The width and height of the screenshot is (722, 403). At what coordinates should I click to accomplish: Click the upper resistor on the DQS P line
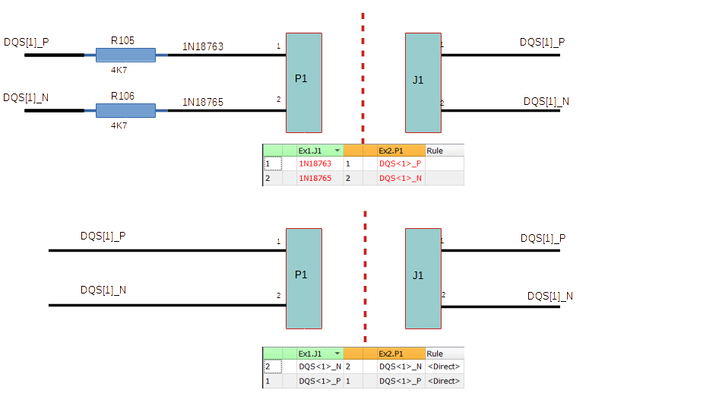click(125, 55)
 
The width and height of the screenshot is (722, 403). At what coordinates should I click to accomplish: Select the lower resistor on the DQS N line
click(125, 110)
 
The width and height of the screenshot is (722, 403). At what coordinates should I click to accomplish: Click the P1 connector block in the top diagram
click(304, 82)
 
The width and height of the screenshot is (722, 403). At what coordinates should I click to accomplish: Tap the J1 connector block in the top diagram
click(423, 82)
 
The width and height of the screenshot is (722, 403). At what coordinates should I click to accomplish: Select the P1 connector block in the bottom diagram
click(304, 278)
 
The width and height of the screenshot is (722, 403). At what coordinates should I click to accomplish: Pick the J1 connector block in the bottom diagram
click(423, 278)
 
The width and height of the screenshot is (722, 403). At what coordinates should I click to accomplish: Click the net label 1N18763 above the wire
click(202, 46)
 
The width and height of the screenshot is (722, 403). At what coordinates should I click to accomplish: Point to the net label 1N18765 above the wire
click(202, 102)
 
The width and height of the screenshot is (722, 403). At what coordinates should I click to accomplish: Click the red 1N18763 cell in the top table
click(315, 163)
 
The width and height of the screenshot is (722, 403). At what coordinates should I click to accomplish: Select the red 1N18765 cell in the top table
click(315, 178)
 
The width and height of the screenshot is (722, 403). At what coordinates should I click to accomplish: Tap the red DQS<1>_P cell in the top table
click(400, 163)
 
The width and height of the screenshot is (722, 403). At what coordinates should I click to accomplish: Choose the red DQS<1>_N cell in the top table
click(400, 178)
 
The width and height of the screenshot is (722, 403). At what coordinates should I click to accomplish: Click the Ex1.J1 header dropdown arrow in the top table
click(337, 151)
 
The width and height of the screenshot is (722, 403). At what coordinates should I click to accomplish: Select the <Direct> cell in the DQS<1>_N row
click(443, 367)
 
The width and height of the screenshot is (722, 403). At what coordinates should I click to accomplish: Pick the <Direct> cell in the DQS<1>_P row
click(443, 381)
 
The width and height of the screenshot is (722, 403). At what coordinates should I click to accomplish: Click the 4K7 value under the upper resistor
click(119, 69)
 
